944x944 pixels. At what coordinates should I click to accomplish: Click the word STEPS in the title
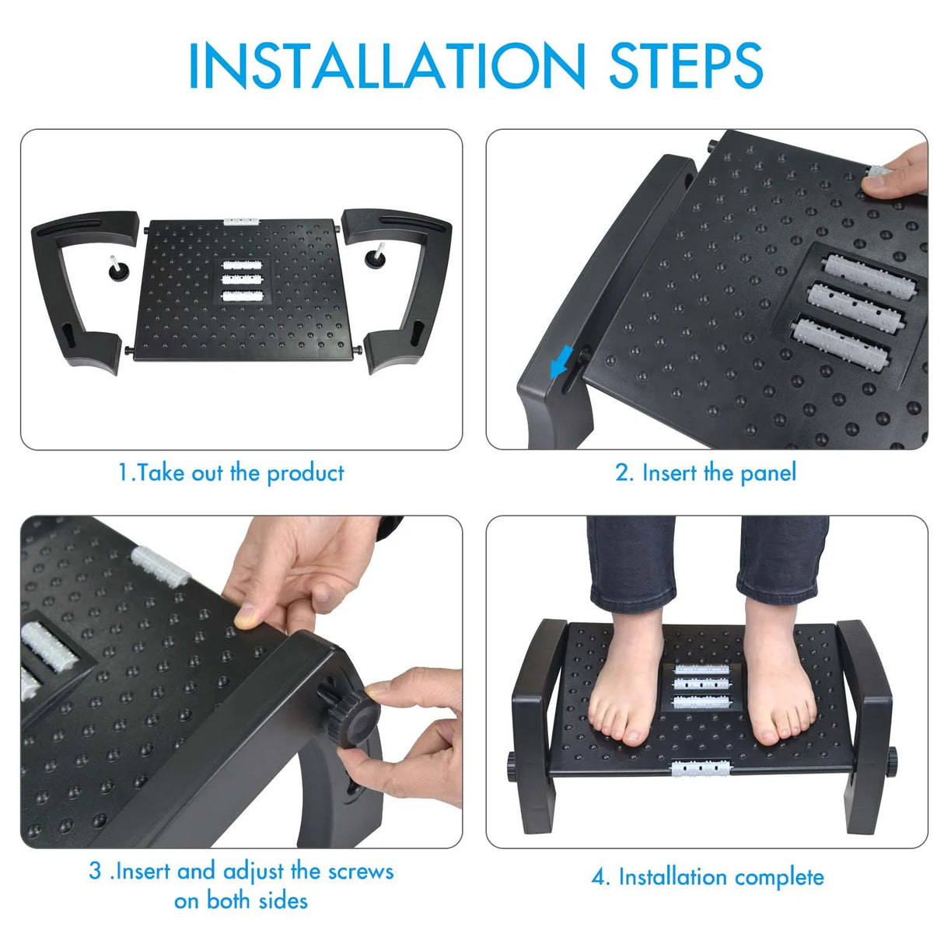(x=685, y=65)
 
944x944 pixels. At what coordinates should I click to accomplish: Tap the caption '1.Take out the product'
(x=231, y=473)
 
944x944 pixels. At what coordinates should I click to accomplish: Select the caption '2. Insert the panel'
(x=706, y=473)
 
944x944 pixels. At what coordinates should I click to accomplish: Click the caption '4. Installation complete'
(x=708, y=877)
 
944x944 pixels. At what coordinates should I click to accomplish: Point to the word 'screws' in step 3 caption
(x=361, y=871)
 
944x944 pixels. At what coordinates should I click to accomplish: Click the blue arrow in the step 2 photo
(x=561, y=362)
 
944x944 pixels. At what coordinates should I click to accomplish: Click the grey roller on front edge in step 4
(x=701, y=769)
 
